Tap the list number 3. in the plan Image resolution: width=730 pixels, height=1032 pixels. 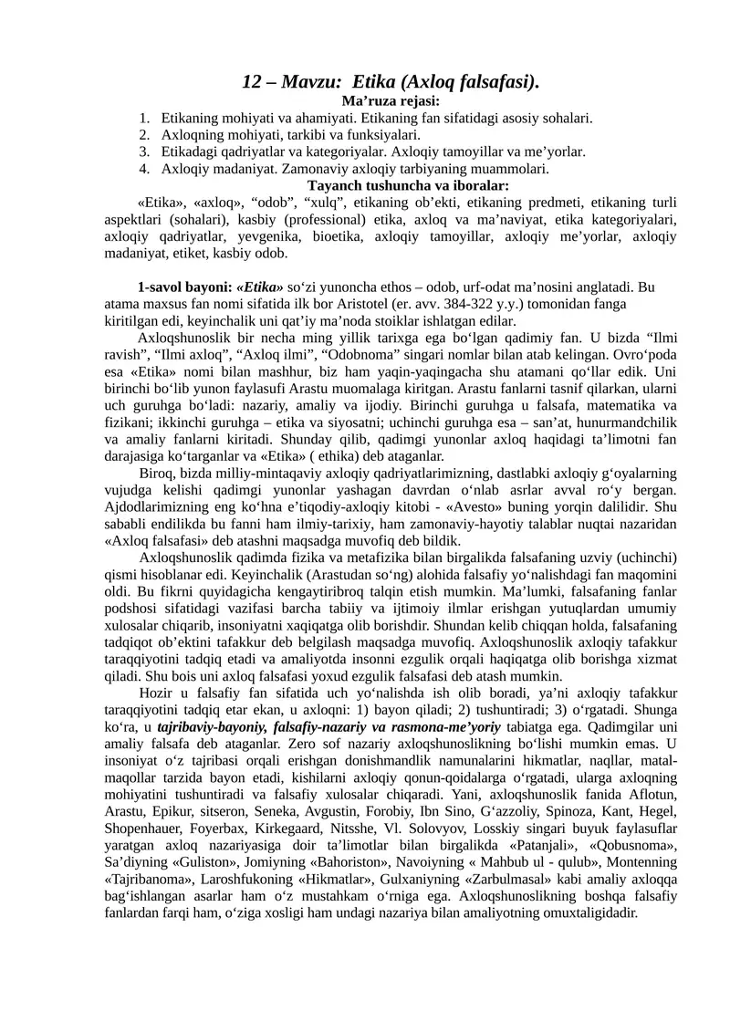(144, 151)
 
